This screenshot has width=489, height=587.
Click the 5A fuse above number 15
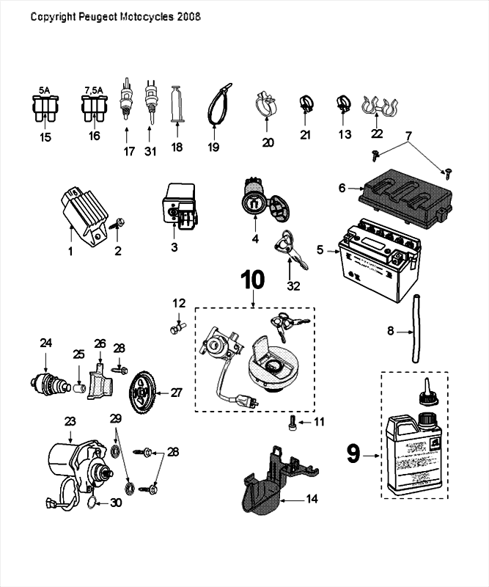pos(45,111)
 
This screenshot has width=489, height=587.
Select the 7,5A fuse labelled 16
pos(92,111)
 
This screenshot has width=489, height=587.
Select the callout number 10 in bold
pos(252,280)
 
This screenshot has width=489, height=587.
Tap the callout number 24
pos(46,342)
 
